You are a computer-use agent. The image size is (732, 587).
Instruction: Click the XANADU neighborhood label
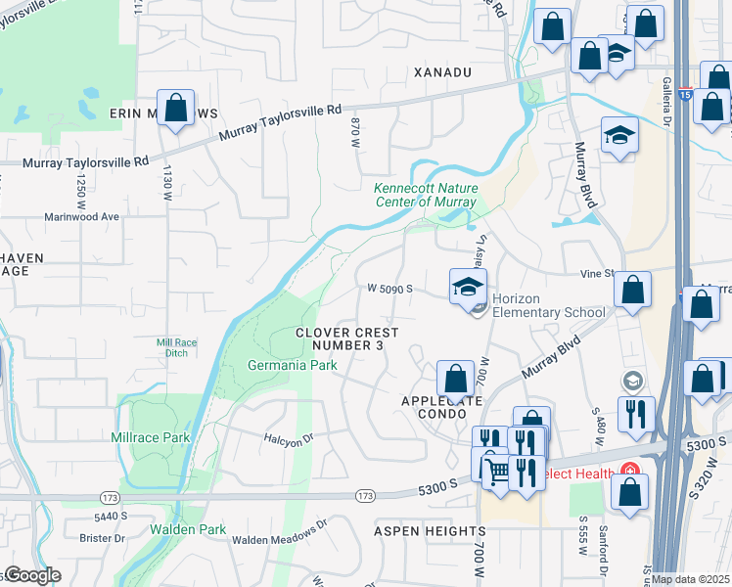[x=442, y=72]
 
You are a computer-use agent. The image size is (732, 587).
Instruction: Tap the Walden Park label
[x=188, y=529]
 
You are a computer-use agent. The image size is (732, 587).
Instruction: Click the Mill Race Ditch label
[x=177, y=346]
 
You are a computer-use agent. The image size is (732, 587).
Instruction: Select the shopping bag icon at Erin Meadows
[x=175, y=109]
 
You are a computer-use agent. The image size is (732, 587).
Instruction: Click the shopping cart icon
[x=497, y=473]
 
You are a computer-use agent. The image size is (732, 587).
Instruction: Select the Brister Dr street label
[x=105, y=538]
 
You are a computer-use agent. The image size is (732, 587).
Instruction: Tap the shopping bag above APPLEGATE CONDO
[x=455, y=378]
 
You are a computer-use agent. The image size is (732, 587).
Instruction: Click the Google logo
[x=32, y=575]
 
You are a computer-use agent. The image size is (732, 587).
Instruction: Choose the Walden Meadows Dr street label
[x=280, y=535]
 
